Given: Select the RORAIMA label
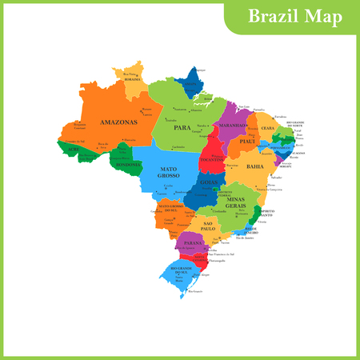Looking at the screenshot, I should coord(132,79).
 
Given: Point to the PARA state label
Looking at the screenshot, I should coord(181,124).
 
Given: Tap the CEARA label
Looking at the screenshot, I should coord(268,128).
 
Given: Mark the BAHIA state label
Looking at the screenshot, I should coord(256,166).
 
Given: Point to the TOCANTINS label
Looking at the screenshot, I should coord(213,158).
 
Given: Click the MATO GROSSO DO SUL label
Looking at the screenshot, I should coord(172,209).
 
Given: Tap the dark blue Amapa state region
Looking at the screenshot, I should coord(190,83).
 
